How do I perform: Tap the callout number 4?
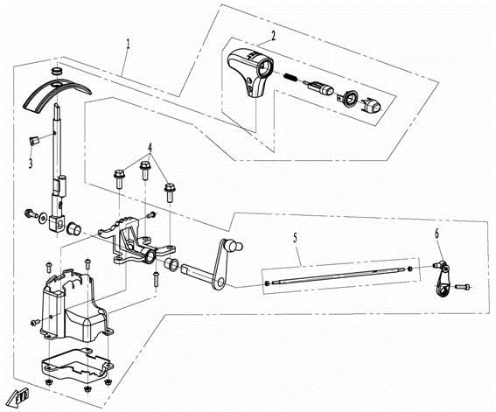150,146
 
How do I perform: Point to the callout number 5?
295,237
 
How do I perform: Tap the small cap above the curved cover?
57,68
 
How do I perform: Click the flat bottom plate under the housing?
74,367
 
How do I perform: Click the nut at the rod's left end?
266,283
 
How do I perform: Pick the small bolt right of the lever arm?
465,285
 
